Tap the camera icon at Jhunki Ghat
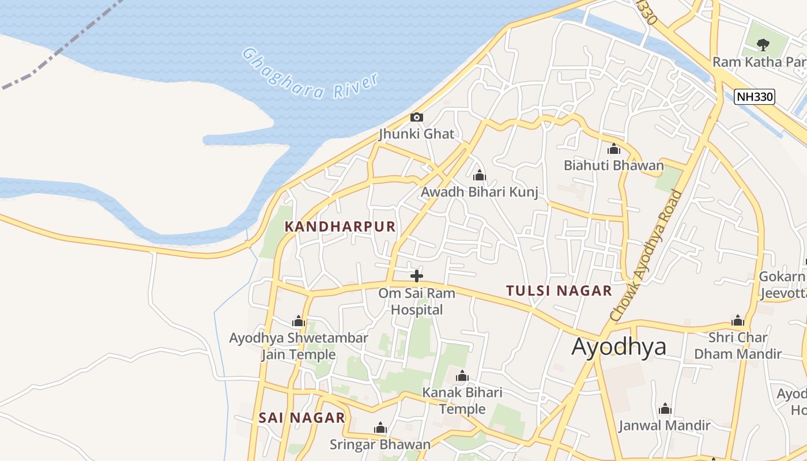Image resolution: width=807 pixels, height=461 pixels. coord(416,118)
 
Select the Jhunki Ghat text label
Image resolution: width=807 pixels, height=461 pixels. coord(416,134)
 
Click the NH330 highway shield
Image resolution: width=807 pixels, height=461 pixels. coord(754,97)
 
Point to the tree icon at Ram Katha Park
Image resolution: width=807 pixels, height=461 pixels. coord(763,44)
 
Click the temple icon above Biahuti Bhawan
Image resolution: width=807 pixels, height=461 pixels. coord(614,149)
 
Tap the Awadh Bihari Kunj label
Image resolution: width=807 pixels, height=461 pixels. coord(480,192)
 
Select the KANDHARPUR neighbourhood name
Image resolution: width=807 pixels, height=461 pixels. coord(340,226)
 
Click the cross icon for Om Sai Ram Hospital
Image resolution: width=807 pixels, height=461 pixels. coord(416,276)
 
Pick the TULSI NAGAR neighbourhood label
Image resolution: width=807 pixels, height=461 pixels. coord(559,291)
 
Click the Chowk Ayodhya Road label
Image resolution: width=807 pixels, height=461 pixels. coord(646,255)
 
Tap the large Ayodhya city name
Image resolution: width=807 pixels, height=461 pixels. coord(619,347)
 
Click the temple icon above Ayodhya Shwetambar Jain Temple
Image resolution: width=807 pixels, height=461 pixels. coord(298,321)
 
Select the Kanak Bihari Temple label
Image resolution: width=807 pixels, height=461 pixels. coord(462,401)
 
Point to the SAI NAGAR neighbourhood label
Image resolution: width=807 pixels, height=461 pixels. coord(301,418)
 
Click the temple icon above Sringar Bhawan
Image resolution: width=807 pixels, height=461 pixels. coord(380,428)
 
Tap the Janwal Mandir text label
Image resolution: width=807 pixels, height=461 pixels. coord(664,426)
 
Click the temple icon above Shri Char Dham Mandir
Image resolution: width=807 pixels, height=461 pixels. coord(738,321)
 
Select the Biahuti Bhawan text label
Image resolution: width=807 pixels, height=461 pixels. coord(614,166)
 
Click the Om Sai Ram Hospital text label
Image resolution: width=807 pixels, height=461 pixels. coord(417,301)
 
